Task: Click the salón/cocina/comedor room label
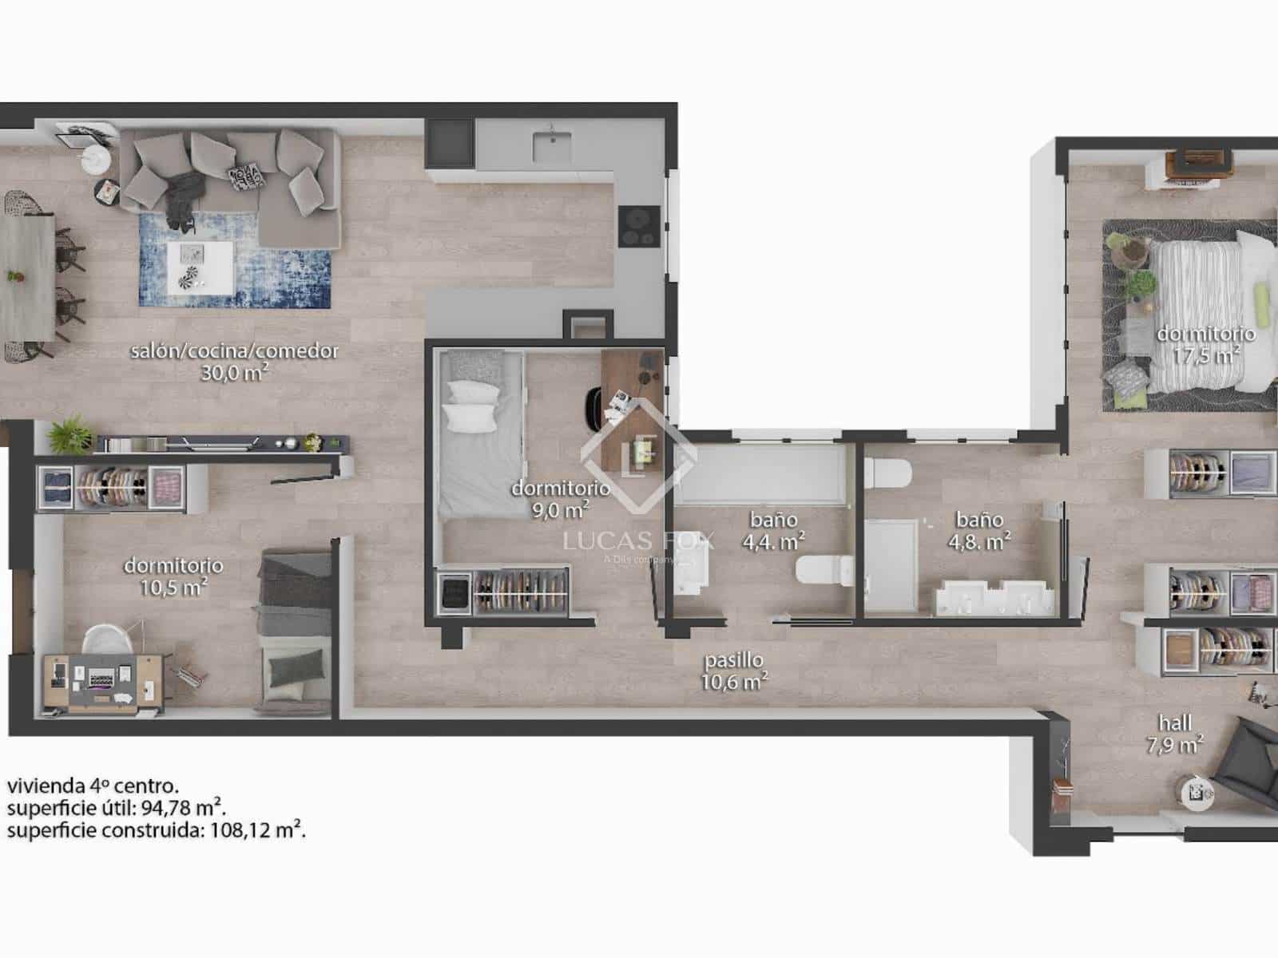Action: (234, 350)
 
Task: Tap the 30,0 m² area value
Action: (233, 372)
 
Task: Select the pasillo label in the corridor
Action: (733, 660)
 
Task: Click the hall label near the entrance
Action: (1175, 723)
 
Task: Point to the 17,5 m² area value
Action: (1206, 354)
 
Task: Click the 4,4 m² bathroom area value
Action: (773, 542)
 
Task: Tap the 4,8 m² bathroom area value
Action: (979, 542)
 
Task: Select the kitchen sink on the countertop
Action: (551, 148)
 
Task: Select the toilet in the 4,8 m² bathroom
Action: (887, 473)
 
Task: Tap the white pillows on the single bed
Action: (471, 404)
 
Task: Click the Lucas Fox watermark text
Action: (638, 541)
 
